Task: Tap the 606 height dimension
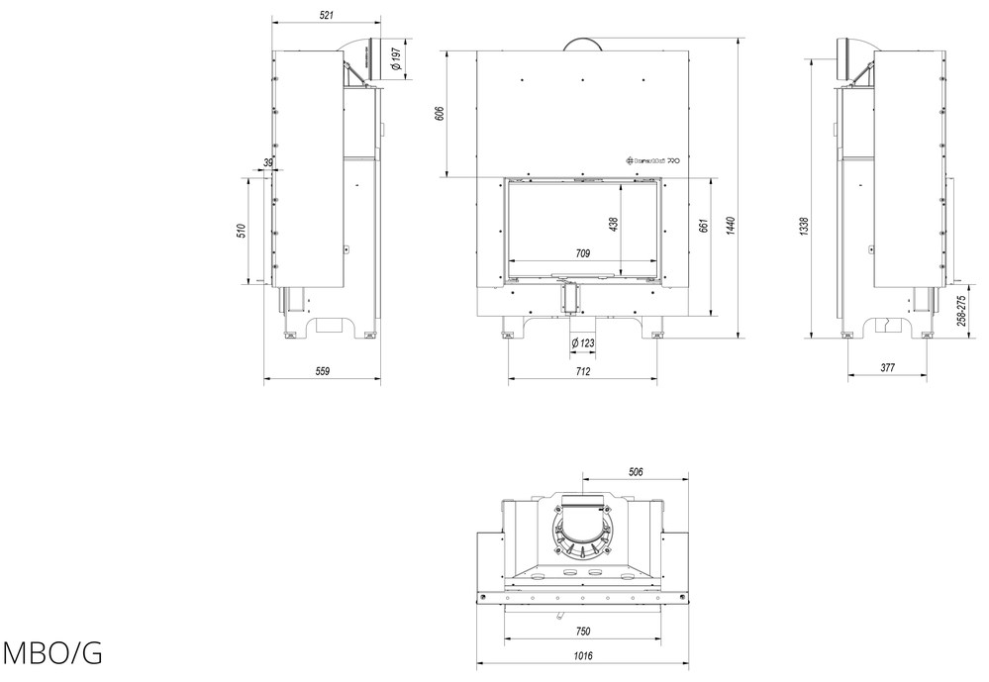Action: click(439, 115)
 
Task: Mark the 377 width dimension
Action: click(887, 368)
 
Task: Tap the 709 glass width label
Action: click(582, 254)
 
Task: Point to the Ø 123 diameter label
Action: click(583, 342)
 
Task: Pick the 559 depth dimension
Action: click(322, 371)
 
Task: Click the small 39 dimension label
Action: click(268, 162)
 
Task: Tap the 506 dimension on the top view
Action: click(636, 471)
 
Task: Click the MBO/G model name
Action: click(51, 654)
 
